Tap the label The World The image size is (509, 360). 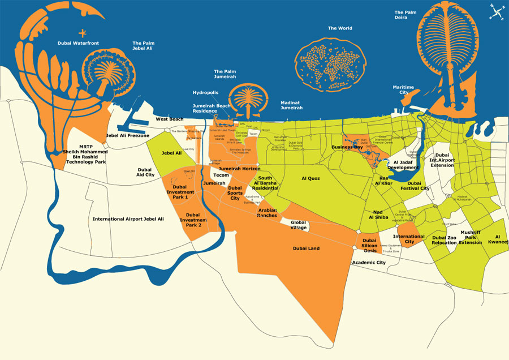point(340,28)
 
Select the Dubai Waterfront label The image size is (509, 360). point(79,43)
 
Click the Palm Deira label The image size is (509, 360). point(406,15)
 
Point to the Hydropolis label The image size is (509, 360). point(205,92)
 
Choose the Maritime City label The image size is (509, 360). point(403,90)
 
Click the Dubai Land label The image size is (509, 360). point(307,248)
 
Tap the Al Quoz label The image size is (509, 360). point(311,178)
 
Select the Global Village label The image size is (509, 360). point(298,225)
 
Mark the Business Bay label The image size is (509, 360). point(347,147)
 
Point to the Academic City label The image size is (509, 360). point(369,263)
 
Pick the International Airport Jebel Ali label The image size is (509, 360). point(128,218)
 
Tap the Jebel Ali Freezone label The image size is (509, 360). point(128,136)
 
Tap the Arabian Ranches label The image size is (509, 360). point(267,213)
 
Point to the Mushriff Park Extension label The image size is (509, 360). point(470,237)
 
